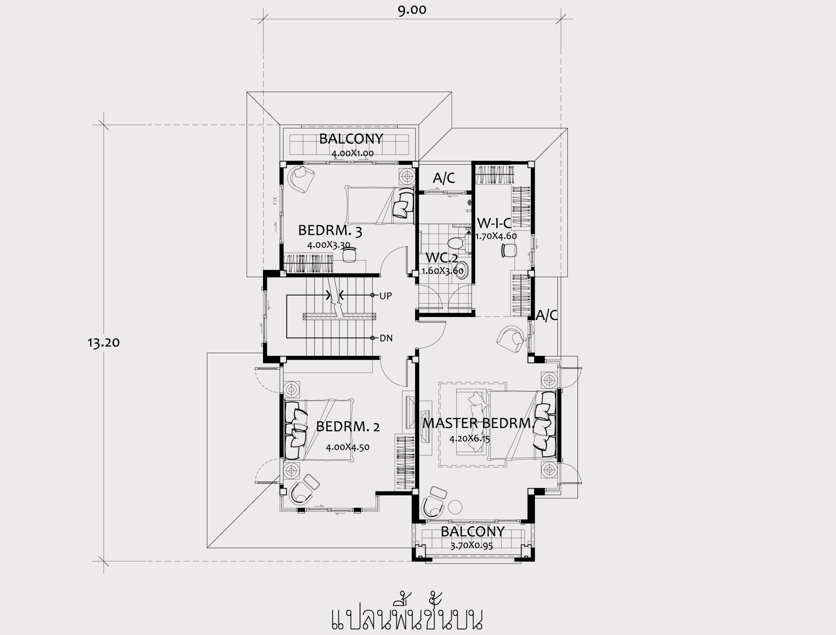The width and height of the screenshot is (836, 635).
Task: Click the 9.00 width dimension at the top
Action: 412,10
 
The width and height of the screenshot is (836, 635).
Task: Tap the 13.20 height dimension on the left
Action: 104,342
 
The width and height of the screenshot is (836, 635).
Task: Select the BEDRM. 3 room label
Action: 330,231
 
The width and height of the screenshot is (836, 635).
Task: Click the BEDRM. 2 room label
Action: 348,426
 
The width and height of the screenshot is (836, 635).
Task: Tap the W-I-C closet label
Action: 494,223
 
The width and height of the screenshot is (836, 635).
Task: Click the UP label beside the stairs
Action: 386,296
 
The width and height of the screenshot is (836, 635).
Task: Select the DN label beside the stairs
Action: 386,338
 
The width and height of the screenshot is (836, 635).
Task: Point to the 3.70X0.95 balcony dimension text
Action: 472,546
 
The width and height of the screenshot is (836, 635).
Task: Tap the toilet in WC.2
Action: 456,242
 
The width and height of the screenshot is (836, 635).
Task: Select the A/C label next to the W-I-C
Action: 444,178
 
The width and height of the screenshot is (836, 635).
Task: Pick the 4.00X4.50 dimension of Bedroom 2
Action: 347,447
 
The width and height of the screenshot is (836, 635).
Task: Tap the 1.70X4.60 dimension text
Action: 496,236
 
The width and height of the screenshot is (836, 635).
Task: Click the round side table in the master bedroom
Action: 455,507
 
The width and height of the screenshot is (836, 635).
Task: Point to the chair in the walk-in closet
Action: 509,250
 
